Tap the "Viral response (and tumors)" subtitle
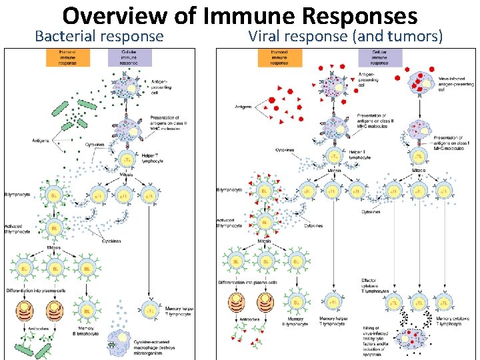(345, 36)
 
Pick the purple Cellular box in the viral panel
(380, 58)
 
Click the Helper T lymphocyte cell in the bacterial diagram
(126, 161)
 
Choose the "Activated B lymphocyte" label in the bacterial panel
(17, 229)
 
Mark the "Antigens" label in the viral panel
(243, 107)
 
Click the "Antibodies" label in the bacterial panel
(38, 328)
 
